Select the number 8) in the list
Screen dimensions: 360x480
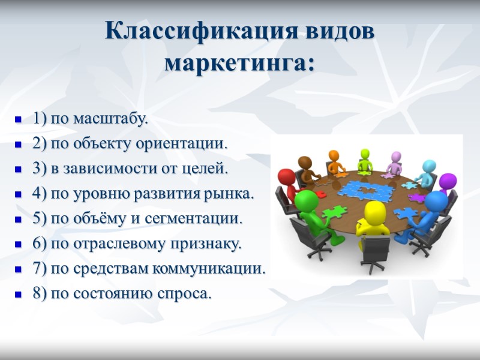[40, 295]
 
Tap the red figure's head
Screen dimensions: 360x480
[287, 178]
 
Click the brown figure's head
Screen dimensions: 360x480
[305, 163]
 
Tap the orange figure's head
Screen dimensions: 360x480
[334, 155]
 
